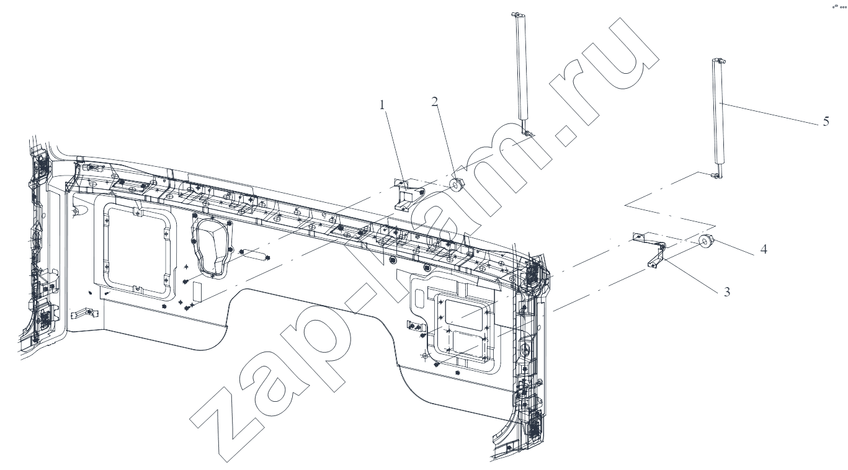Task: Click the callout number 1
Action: (x=382, y=104)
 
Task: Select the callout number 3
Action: (x=726, y=292)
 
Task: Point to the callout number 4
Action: (x=764, y=249)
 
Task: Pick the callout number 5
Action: (x=826, y=121)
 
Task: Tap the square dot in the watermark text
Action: (x=565, y=135)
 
